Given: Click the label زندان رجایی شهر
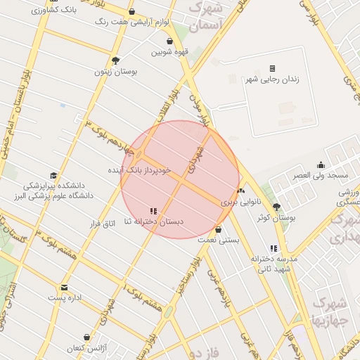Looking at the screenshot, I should point(271,79).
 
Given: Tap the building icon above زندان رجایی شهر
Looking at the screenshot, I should point(271,68).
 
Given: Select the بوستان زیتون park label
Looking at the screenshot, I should point(116,71).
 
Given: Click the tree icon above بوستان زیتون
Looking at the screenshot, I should point(116,60).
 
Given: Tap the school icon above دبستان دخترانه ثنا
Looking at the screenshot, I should point(153,211).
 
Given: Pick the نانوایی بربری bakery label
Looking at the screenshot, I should point(240,201).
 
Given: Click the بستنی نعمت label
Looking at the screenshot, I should point(219,240).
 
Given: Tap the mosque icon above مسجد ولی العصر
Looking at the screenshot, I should point(321,165).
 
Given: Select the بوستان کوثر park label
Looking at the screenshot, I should point(276,218).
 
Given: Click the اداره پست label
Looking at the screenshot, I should point(65,298).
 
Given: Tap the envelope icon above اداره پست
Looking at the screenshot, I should point(65,288).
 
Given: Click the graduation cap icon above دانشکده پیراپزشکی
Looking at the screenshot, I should point(53,176).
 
